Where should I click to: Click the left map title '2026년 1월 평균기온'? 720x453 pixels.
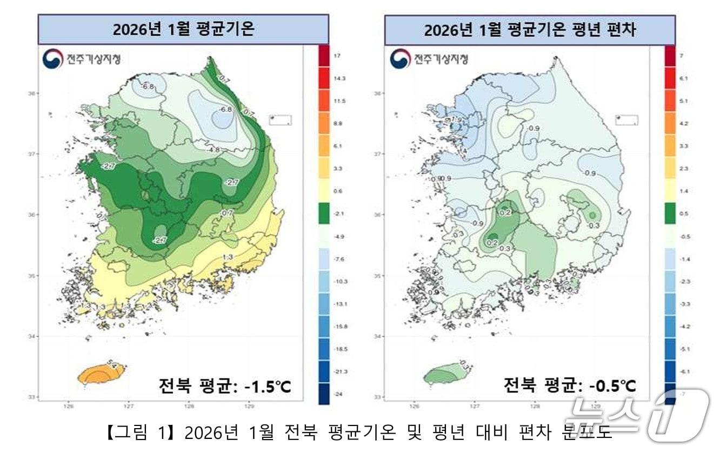click(183, 29)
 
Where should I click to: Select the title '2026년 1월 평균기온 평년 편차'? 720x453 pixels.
click(530, 30)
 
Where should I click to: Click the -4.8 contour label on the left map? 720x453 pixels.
click(215, 149)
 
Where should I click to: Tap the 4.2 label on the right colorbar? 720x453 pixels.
click(683, 123)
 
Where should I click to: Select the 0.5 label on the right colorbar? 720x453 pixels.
click(683, 214)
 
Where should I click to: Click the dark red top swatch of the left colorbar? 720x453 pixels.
click(324, 56)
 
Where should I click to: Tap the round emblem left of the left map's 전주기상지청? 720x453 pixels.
click(52, 59)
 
